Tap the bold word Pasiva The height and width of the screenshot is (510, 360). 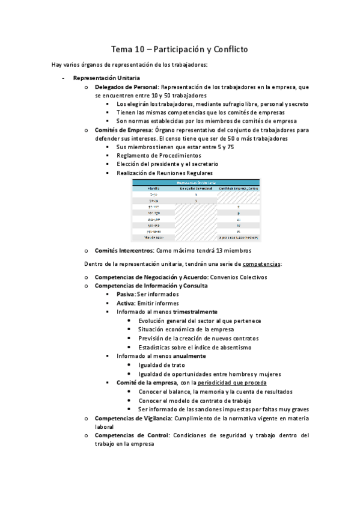(x=126, y=295)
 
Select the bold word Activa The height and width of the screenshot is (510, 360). (x=126, y=303)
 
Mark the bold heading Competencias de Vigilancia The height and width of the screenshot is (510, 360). (x=132, y=417)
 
